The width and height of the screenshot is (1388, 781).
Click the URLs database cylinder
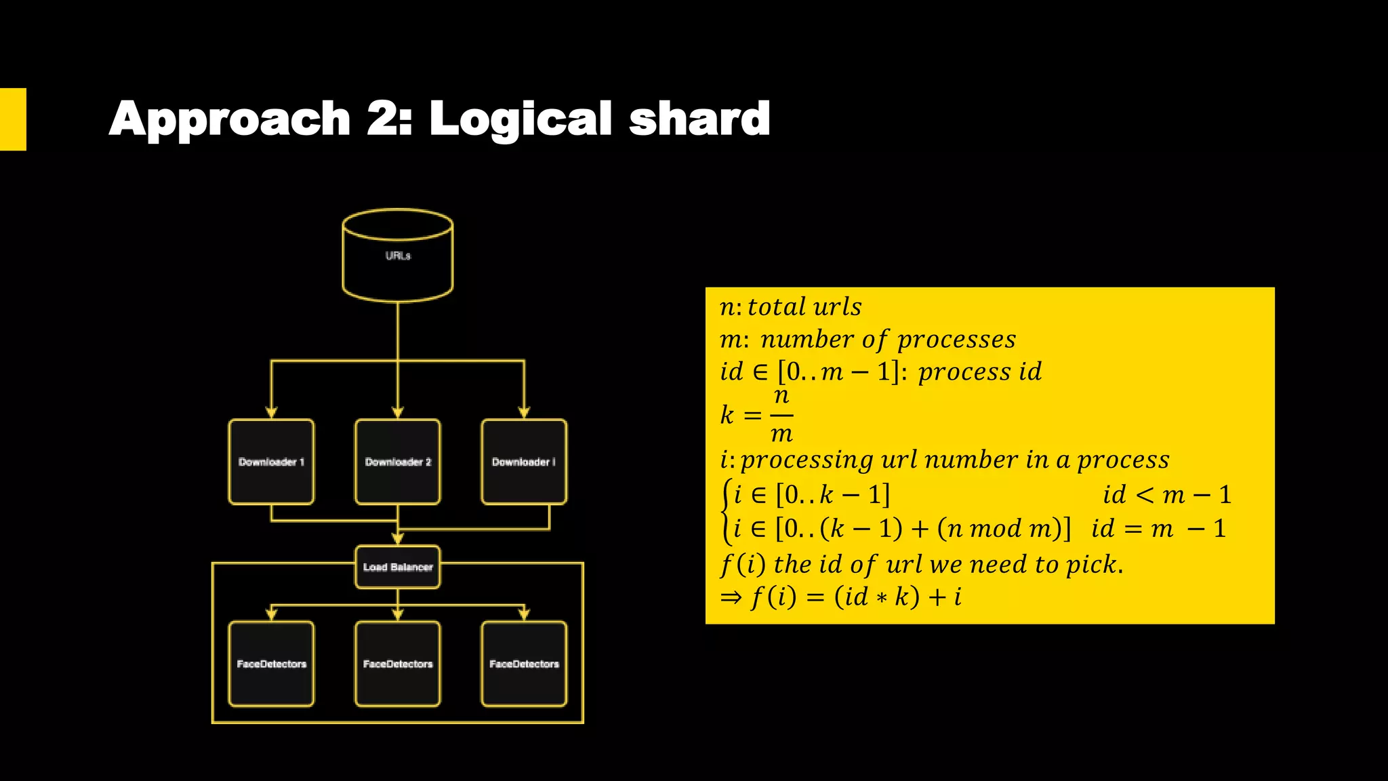coord(398,256)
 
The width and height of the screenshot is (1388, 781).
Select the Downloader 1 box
coord(271,462)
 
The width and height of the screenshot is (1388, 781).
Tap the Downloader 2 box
coord(398,462)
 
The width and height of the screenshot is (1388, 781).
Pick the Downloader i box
coord(524,462)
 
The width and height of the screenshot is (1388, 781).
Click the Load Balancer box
coord(398,567)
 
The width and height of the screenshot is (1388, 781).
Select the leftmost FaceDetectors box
coord(271,664)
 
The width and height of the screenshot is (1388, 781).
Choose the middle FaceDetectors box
coord(398,664)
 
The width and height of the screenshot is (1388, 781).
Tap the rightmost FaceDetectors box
coord(524,664)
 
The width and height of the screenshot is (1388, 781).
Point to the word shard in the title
coord(699,119)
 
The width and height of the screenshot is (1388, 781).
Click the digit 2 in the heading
coord(385,119)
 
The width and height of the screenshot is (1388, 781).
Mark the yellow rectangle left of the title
coord(13,119)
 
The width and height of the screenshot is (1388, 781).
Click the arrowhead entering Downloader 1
coord(271,412)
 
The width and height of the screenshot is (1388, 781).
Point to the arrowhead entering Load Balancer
coord(398,539)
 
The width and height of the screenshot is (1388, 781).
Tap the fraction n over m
coord(781,414)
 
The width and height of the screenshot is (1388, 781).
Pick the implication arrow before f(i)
coord(731,597)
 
